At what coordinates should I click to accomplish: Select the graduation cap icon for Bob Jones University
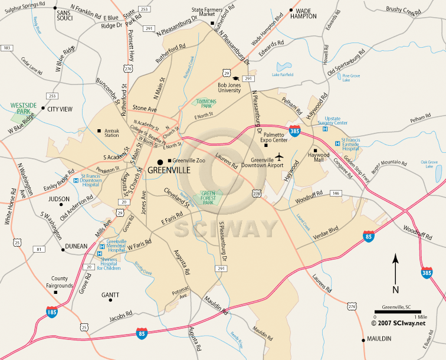coord(235,78)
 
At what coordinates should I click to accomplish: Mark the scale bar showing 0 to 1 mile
coord(396,312)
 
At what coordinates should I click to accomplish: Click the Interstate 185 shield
coord(53,310)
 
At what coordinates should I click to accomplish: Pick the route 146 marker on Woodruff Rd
coord(336,193)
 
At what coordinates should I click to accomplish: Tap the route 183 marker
coord(7,47)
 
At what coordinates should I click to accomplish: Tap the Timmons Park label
coord(206,103)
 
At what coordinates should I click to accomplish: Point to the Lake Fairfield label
coord(283,75)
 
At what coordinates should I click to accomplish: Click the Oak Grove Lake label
coord(431,163)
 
